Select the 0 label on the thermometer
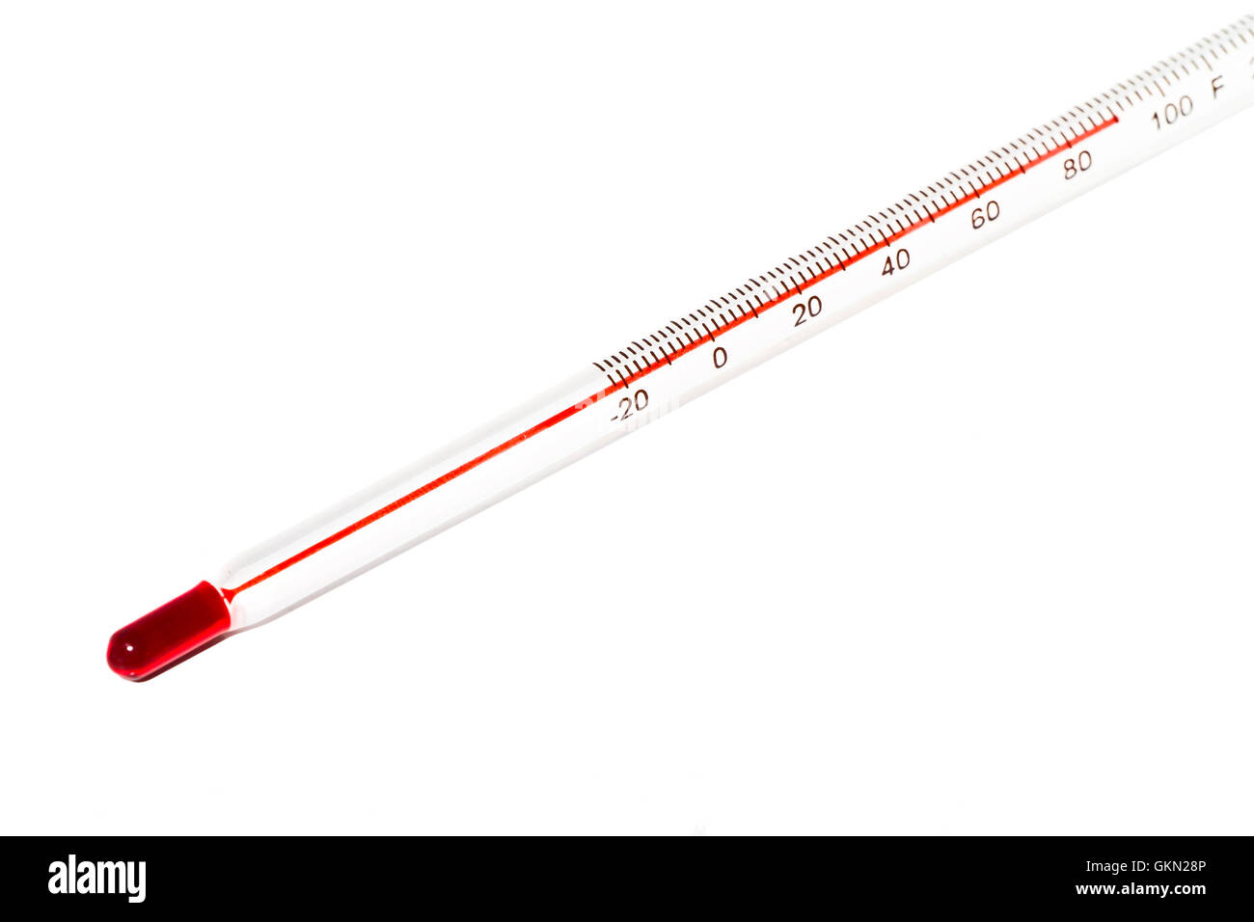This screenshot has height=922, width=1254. [x=720, y=358]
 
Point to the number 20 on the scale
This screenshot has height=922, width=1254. [x=807, y=309]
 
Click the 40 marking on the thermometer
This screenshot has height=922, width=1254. [x=895, y=260]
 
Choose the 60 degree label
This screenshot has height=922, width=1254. [x=984, y=213]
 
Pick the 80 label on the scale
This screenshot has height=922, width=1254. [x=1077, y=164]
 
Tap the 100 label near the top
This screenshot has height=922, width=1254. [x=1171, y=112]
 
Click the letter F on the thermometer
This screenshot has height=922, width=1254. [x=1217, y=87]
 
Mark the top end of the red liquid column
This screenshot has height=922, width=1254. [x=1116, y=120]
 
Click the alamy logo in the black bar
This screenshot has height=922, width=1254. [x=96, y=879]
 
